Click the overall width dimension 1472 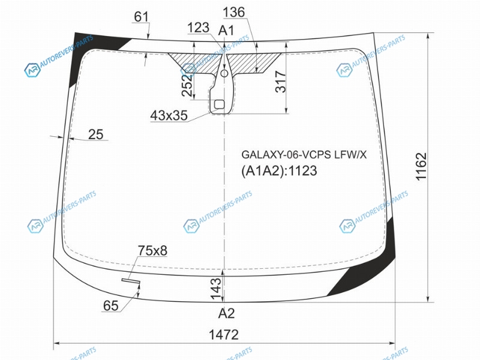223,335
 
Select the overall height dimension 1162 421,167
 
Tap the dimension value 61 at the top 141,17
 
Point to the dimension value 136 234,12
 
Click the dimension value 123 199,28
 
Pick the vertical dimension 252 187,84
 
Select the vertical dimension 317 281,82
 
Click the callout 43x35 169,115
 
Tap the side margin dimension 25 96,134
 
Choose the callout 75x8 152,250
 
